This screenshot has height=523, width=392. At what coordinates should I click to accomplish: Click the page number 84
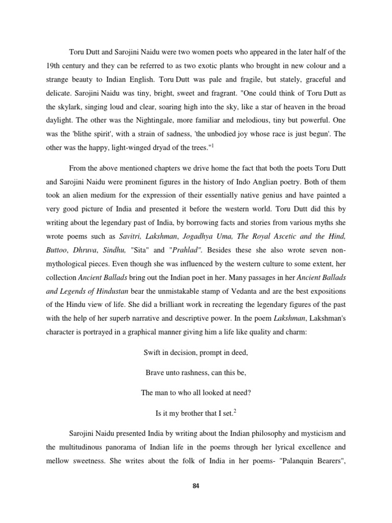(x=195, y=486)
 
